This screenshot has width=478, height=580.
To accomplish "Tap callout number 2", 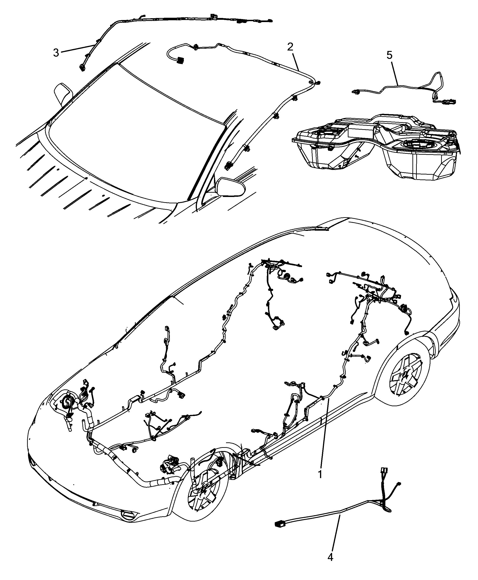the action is click(x=290, y=47).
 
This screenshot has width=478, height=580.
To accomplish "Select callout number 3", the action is click(x=56, y=53).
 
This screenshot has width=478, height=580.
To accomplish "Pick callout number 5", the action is click(x=389, y=55).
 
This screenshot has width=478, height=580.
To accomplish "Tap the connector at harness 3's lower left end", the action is click(x=82, y=67).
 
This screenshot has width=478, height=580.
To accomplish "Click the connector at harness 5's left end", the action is click(x=356, y=92).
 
